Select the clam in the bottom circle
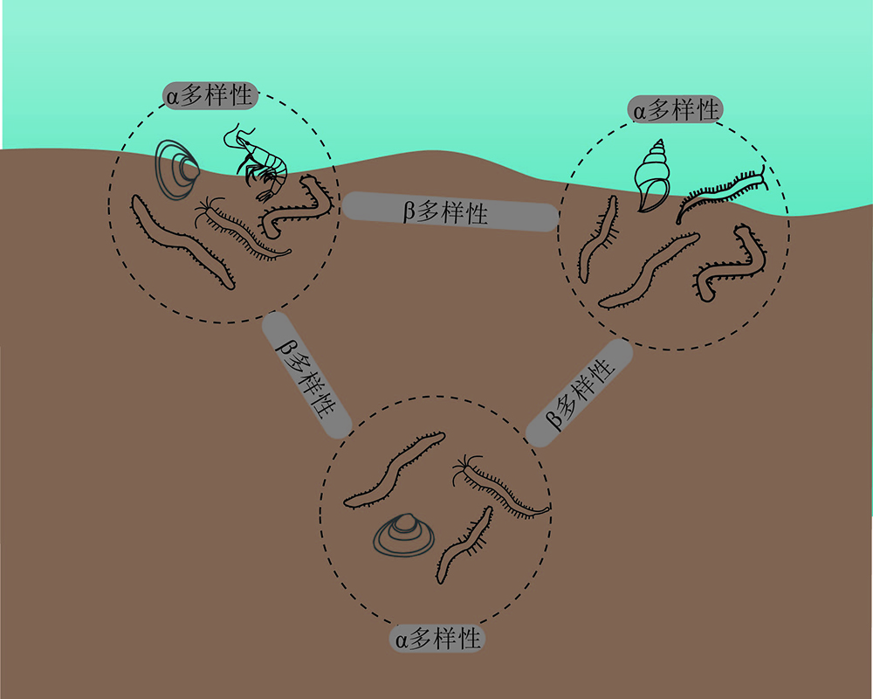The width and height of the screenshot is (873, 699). tap(403, 535)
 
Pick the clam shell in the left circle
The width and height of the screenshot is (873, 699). tap(176, 170)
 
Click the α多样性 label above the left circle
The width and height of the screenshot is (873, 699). tap(210, 96)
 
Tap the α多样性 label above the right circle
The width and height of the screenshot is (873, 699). tap(676, 109)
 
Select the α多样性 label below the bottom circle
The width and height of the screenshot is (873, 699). tap(437, 638)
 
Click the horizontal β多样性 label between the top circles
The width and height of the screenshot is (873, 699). tap(450, 211)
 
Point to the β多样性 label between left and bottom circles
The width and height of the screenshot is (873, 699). tap(306, 375)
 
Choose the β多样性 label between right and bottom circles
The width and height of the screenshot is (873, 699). tap(580, 393)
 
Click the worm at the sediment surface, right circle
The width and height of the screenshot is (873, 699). tap(722, 192)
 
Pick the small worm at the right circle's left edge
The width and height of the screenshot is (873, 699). tap(597, 239)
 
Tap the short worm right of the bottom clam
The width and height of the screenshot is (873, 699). tap(464, 545)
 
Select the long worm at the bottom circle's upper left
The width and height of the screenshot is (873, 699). tap(395, 470)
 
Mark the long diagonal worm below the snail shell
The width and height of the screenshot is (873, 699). tap(649, 271)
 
